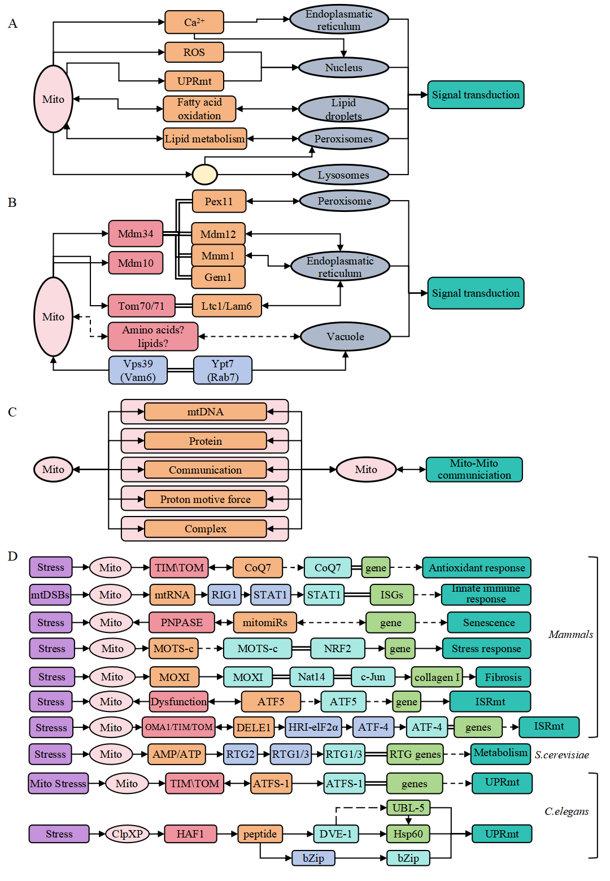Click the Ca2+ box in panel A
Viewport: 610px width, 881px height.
pyautogui.click(x=194, y=23)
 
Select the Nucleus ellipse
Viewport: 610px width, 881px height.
pyautogui.click(x=343, y=68)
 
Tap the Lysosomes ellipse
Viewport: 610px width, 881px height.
pyautogui.click(x=343, y=175)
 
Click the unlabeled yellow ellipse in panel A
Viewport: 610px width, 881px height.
pyautogui.click(x=204, y=175)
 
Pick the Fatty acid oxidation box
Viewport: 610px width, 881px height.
pyautogui.click(x=199, y=109)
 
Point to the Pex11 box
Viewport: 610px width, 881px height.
pyautogui.click(x=219, y=201)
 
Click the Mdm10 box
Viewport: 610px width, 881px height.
pyautogui.click(x=136, y=263)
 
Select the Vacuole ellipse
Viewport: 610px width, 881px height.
pyautogui.click(x=345, y=337)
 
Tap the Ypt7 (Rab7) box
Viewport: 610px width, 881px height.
pyautogui.click(x=223, y=371)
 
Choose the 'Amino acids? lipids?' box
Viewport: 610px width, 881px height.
pyautogui.click(x=152, y=336)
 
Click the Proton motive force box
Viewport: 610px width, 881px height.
pyautogui.click(x=205, y=500)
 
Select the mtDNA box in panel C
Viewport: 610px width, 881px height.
pyautogui.click(x=205, y=412)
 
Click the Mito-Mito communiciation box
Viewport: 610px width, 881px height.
pyautogui.click(x=474, y=470)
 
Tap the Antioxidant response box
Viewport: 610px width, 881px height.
pyautogui.click(x=476, y=568)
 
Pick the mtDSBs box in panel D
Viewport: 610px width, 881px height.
pyautogui.click(x=50, y=595)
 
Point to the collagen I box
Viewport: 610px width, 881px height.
pyautogui.click(x=437, y=677)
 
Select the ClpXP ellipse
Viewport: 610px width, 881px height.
pyautogui.click(x=127, y=834)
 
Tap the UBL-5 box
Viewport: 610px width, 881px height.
pyautogui.click(x=408, y=808)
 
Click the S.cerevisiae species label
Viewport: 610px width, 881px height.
pyautogui.click(x=561, y=755)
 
